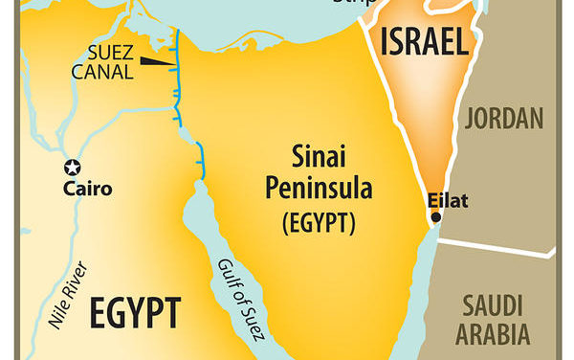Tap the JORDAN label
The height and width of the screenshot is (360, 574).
[x=505, y=119]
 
